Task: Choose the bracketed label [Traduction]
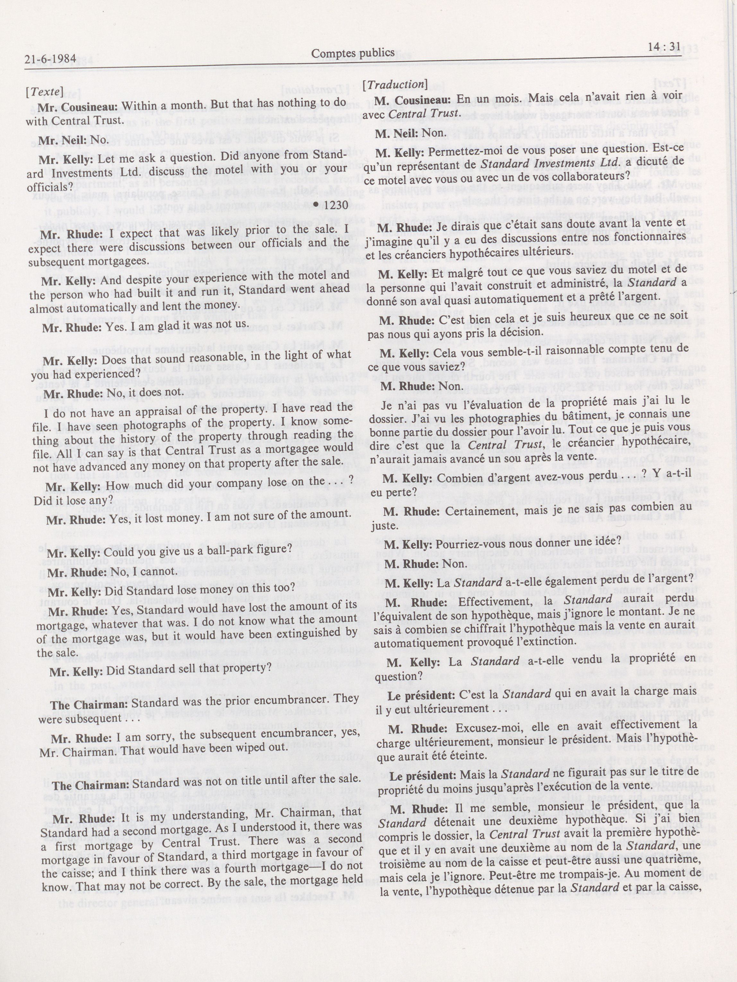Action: click(x=394, y=84)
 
